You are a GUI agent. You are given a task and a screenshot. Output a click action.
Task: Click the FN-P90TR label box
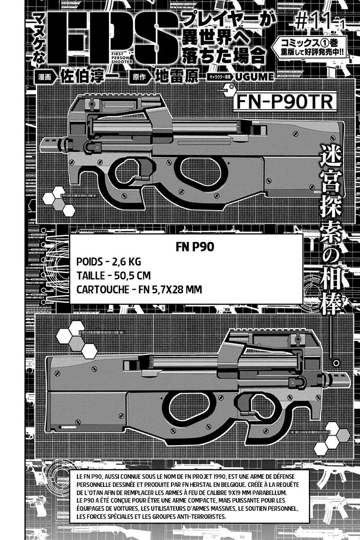285,102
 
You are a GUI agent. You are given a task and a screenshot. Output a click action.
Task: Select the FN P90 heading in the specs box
195,247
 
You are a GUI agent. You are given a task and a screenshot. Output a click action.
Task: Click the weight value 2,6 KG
126,262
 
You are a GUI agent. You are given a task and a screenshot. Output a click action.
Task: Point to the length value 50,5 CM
132,275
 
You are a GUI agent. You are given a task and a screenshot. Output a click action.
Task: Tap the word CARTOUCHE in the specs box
103,289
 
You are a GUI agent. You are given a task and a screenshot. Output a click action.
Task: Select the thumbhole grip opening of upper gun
201,171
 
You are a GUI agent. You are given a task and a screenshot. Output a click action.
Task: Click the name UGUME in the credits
254,77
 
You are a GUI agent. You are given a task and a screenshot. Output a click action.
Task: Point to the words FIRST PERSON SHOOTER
122,58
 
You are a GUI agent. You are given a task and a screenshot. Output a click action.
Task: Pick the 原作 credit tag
139,77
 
